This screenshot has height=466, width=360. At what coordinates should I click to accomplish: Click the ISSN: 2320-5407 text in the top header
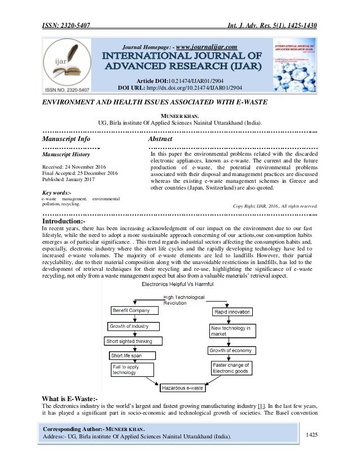click(x=68, y=9)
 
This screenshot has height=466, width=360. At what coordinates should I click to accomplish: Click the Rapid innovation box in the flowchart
click(x=231, y=311)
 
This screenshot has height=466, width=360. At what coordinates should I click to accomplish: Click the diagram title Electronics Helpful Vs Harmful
click(x=178, y=285)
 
